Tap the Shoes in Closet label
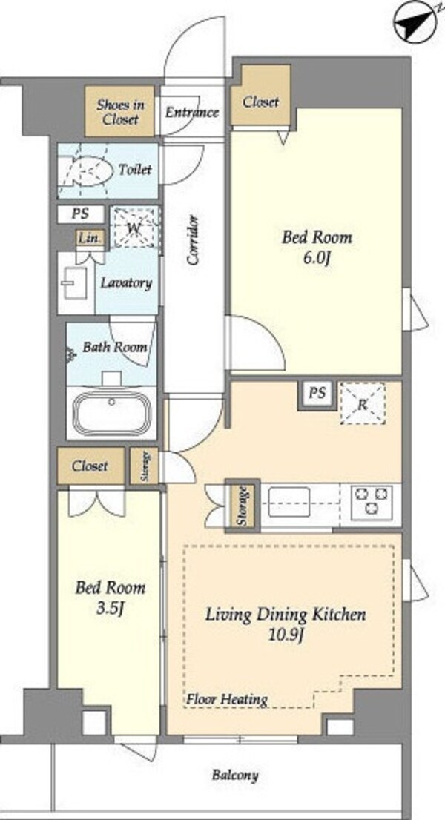(x=120, y=111)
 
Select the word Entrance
(x=192, y=112)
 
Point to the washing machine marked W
(x=134, y=227)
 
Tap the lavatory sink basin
(x=76, y=283)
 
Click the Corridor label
(x=194, y=239)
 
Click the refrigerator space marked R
(x=363, y=403)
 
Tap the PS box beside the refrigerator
(x=317, y=393)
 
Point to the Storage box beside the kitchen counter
(x=243, y=506)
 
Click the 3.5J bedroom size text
(x=109, y=608)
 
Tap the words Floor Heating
(x=228, y=698)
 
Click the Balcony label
(x=235, y=775)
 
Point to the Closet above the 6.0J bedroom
(x=260, y=102)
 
